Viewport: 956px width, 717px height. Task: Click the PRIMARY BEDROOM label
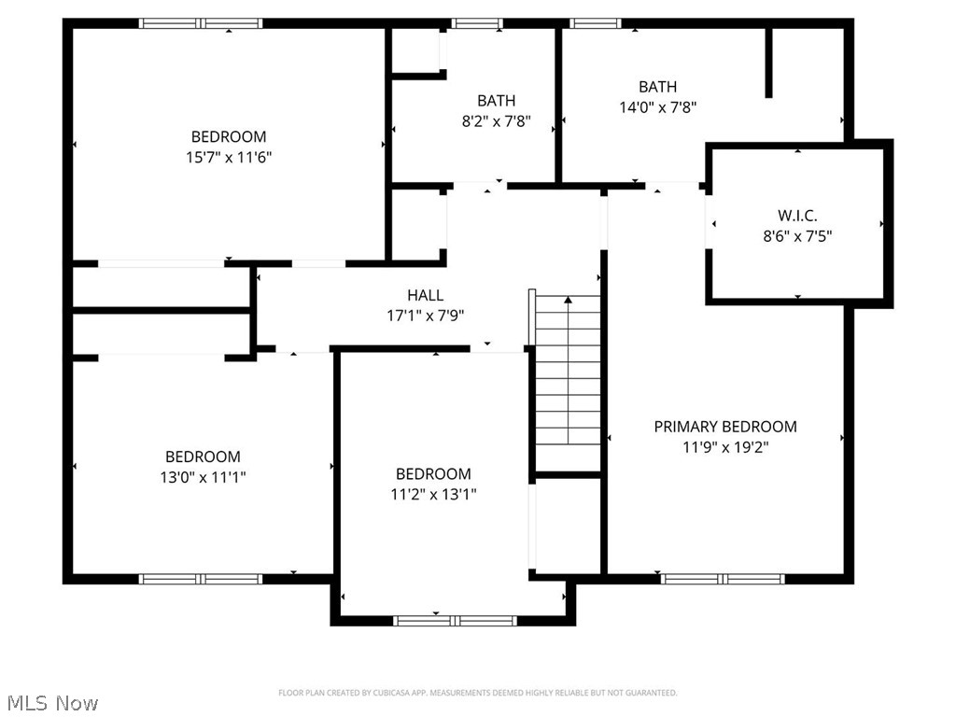(724, 427)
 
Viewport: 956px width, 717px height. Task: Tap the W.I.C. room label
(797, 216)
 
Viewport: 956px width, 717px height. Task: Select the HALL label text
(425, 295)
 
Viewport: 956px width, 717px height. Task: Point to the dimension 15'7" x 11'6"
(229, 157)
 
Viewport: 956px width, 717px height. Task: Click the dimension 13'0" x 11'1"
(203, 477)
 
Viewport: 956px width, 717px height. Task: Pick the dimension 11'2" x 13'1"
(433, 494)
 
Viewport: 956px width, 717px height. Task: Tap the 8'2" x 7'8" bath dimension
(496, 120)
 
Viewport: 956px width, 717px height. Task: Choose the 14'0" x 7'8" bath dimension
(658, 106)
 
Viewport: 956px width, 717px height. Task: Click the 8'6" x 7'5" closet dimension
(797, 236)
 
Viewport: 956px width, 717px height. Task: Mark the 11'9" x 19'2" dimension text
(724, 447)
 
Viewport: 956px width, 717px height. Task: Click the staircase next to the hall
(568, 383)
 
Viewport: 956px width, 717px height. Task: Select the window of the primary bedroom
(724, 579)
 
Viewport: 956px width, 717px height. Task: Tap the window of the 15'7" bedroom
(201, 23)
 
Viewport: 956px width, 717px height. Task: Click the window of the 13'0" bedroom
(201, 579)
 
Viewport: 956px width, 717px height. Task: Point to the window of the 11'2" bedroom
(455, 620)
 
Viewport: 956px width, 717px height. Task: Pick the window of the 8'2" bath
(477, 23)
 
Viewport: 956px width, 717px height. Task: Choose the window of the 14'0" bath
(596, 23)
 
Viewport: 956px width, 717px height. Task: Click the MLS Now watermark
(51, 702)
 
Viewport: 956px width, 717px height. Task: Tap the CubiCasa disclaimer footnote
(477, 693)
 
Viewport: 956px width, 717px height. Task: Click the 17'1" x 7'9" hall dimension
(425, 316)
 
